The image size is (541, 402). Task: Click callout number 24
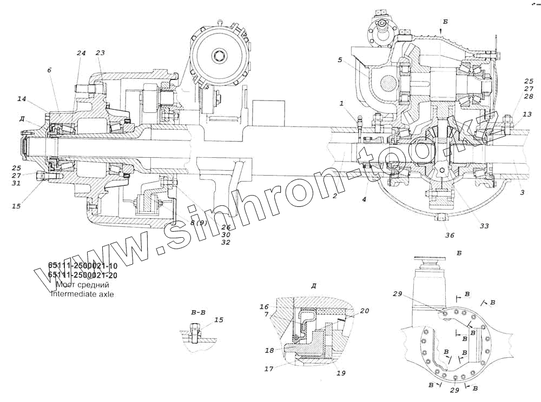[81, 53]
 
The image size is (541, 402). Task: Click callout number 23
[100, 53]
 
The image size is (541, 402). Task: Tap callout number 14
[22, 99]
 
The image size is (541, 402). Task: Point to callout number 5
[340, 60]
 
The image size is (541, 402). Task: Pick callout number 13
[527, 114]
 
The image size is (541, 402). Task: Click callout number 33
[484, 226]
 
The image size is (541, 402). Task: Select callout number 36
[450, 235]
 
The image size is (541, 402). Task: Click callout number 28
[529, 96]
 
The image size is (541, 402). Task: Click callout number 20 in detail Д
[365, 311]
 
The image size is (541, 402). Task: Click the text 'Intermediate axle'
[82, 294]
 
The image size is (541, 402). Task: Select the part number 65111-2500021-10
[83, 265]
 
